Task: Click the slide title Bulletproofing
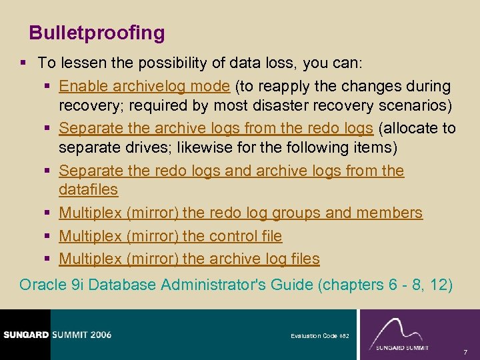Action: click(97, 33)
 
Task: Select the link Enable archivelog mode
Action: click(145, 86)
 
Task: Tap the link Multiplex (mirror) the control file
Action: click(170, 236)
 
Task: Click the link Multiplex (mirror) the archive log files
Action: click(189, 259)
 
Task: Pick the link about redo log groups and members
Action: click(240, 213)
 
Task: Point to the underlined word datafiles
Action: click(88, 190)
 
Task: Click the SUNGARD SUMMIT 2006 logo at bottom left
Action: click(57, 335)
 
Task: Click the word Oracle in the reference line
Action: click(42, 285)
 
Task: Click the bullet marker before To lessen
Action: click(23, 63)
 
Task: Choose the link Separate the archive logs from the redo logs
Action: click(215, 128)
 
